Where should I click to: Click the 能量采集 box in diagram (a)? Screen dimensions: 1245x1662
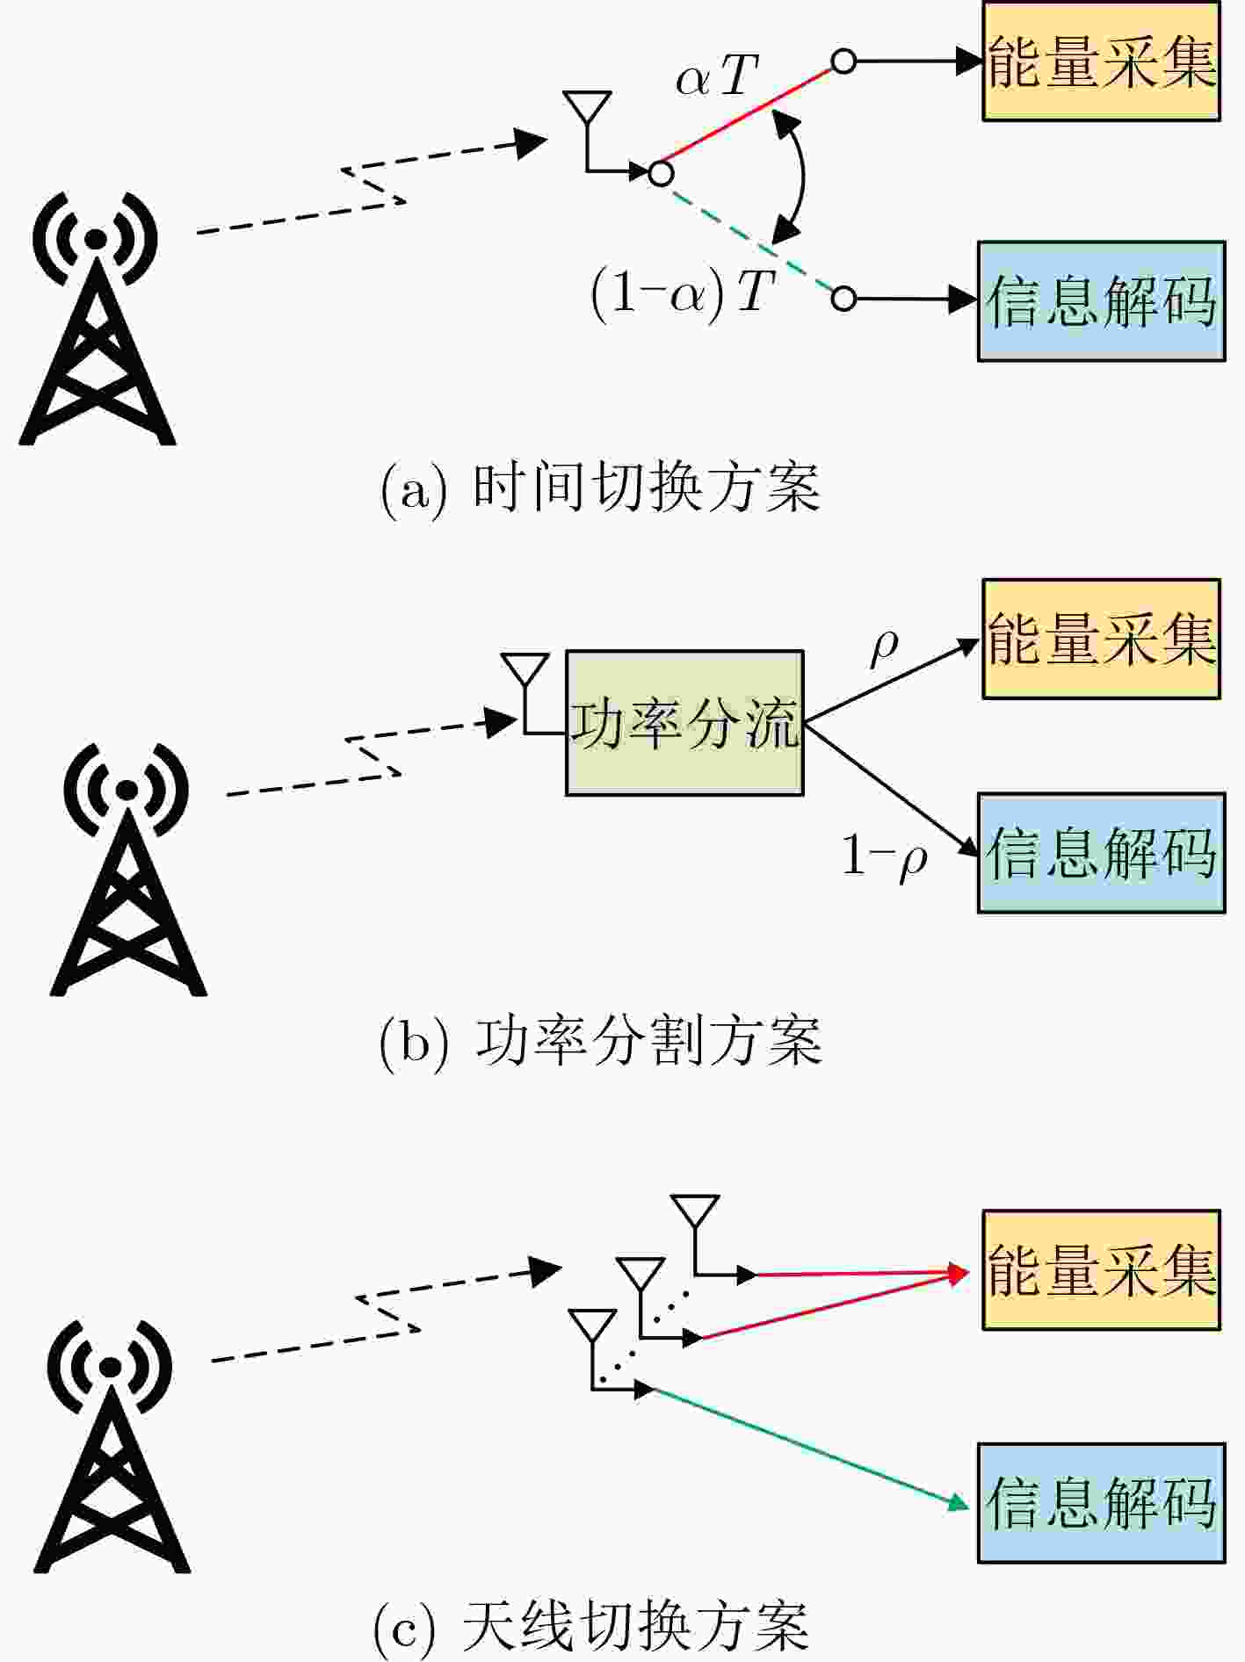(x=1101, y=61)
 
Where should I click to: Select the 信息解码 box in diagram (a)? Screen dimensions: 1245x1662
(x=1101, y=300)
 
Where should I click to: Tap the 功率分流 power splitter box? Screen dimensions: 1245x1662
(x=684, y=723)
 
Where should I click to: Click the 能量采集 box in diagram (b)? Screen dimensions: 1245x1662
(x=1101, y=639)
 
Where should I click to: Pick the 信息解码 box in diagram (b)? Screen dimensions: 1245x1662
(x=1101, y=853)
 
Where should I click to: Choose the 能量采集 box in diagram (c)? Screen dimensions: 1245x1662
(x=1101, y=1270)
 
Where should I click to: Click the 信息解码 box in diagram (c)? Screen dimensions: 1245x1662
(x=1101, y=1503)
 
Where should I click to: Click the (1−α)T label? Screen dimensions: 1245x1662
(x=683, y=292)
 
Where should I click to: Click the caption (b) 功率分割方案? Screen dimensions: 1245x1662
(x=601, y=1042)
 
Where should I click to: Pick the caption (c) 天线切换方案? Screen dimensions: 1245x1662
(x=590, y=1627)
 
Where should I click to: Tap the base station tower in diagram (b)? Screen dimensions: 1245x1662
(x=127, y=870)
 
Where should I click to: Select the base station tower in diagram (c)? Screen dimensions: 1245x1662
(x=111, y=1446)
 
